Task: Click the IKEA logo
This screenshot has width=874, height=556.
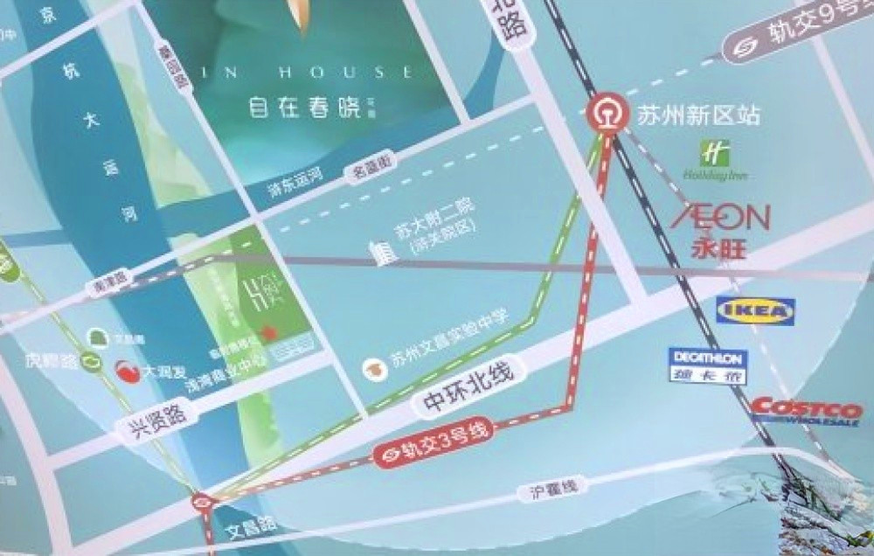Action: [x=755, y=310]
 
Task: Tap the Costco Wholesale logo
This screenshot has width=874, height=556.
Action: [x=806, y=411]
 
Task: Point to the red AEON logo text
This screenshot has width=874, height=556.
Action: [x=721, y=217]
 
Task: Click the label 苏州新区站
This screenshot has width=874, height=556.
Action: [x=697, y=115]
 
